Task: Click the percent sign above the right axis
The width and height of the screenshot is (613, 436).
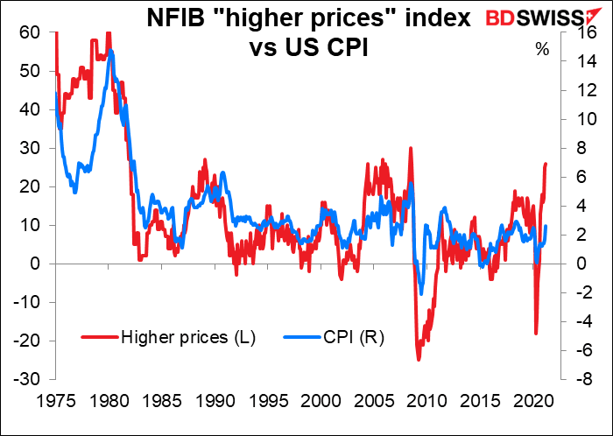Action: click(x=542, y=50)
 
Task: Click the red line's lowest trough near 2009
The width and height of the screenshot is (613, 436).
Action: click(x=419, y=359)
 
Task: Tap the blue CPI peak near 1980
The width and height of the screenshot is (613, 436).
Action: click(x=109, y=54)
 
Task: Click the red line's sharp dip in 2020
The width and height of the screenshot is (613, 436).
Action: click(x=536, y=334)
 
